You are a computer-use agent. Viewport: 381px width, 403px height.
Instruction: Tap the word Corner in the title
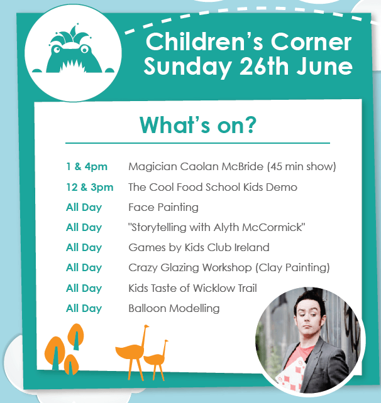(311, 42)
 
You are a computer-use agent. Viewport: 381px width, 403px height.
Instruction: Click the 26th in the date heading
(264, 66)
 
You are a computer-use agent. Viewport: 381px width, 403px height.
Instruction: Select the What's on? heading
(197, 125)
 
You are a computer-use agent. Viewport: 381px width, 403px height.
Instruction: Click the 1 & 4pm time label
(87, 167)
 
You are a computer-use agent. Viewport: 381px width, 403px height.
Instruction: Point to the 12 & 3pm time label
(89, 187)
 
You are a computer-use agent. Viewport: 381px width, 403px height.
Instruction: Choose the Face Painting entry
(163, 207)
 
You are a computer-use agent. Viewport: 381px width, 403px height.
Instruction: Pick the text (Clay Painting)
(292, 267)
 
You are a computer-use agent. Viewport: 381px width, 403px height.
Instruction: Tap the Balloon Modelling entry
(174, 308)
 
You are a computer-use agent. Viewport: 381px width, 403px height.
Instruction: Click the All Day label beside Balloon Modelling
(84, 308)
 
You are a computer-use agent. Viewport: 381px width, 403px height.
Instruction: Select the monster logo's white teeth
(72, 67)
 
